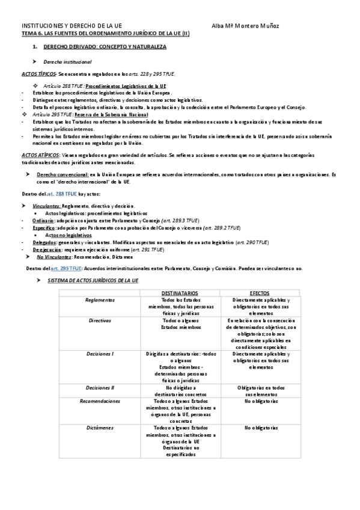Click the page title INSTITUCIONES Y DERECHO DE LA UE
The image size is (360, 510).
72,26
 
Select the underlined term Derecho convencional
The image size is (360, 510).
62,174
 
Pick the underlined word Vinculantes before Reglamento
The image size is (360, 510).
47,206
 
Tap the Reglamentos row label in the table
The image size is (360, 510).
100,300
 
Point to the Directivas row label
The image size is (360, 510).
100,321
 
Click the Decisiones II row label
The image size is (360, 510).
100,387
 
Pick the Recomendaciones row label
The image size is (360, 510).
100,400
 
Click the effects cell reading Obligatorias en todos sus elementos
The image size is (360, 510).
261,391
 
